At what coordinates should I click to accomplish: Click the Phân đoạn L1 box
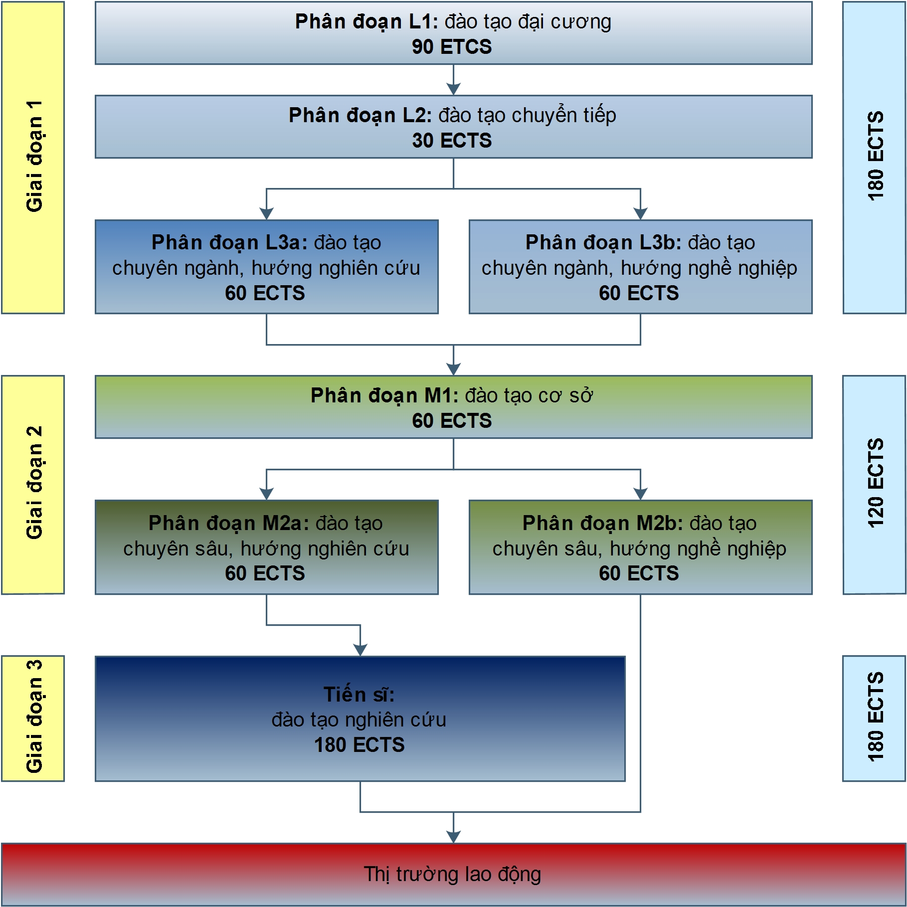coord(453,33)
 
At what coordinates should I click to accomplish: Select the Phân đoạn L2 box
coord(453,127)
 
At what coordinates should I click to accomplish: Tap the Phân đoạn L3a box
coord(266,267)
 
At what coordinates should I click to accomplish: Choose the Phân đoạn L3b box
coord(640,267)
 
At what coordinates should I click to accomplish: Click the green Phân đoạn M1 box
coord(453,407)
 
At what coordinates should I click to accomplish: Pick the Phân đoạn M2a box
coord(266,547)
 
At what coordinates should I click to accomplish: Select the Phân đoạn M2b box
coord(640,547)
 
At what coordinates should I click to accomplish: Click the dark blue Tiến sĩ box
coord(360,719)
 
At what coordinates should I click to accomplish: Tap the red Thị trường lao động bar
coord(453,875)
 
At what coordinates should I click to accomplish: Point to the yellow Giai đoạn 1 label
coord(33,158)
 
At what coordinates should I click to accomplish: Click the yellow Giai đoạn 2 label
coord(33,485)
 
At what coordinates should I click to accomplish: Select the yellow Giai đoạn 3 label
coord(33,719)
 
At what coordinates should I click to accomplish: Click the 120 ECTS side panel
coord(874,485)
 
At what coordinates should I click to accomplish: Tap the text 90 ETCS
coord(452,47)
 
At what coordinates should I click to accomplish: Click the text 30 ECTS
coord(452,141)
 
